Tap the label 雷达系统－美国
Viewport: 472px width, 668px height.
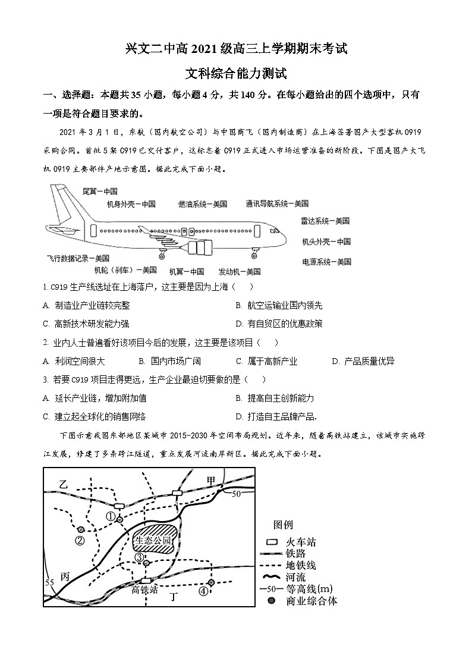pos(325,221)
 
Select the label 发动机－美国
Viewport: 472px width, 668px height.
pos(240,271)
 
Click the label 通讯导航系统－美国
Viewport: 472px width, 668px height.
pos(277,204)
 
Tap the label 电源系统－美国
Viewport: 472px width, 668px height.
pos(326,261)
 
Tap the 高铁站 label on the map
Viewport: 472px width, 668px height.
pos(144,589)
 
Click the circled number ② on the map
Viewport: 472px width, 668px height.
pos(80,540)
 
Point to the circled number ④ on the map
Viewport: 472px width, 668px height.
pos(203,591)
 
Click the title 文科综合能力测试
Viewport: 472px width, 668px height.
pos(236,74)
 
